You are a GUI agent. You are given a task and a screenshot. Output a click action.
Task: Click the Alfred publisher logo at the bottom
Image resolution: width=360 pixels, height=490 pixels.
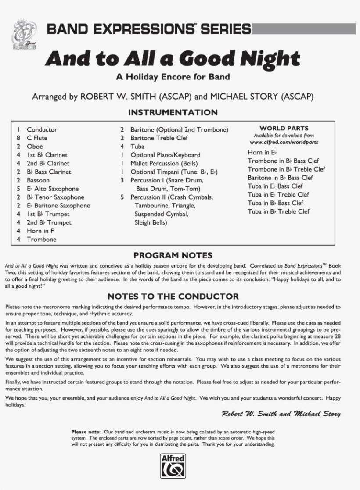pyautogui.click(x=173, y=465)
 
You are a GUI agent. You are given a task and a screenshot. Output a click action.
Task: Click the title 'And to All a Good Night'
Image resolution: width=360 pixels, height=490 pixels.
pyautogui.click(x=173, y=58)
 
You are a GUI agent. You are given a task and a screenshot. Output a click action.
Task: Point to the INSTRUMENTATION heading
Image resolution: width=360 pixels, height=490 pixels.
pyautogui.click(x=173, y=113)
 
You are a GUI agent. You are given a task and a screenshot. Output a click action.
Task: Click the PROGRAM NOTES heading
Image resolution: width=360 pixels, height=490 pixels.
pyautogui.click(x=173, y=255)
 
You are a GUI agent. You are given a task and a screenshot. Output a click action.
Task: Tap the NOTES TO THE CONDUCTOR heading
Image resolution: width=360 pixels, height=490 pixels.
pyautogui.click(x=173, y=297)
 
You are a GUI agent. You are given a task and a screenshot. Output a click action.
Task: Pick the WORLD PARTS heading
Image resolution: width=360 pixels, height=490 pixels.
pyautogui.click(x=284, y=129)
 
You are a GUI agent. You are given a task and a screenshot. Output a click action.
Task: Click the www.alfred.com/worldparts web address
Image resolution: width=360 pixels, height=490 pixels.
pyautogui.click(x=284, y=142)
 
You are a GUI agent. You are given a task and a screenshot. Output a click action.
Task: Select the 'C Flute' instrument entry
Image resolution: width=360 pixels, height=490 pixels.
pyautogui.click(x=37, y=138)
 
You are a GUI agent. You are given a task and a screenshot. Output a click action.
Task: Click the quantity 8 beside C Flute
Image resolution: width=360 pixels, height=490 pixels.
pyautogui.click(x=18, y=138)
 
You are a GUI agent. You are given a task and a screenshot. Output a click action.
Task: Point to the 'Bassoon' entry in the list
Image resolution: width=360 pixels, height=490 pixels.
pyautogui.click(x=38, y=180)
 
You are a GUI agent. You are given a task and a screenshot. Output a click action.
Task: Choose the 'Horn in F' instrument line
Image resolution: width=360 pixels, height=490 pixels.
pyautogui.click(x=40, y=231)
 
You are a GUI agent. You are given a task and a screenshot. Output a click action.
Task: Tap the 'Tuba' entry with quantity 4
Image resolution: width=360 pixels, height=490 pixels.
pyautogui.click(x=137, y=146)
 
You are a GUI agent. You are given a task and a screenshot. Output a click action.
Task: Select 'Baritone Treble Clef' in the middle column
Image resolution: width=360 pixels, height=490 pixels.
pyautogui.click(x=159, y=138)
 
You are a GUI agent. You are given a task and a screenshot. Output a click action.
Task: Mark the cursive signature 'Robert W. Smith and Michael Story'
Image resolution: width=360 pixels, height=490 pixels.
pyautogui.click(x=281, y=414)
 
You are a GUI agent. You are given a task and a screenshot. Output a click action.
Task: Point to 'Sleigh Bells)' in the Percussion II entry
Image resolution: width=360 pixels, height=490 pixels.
pyautogui.click(x=151, y=222)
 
